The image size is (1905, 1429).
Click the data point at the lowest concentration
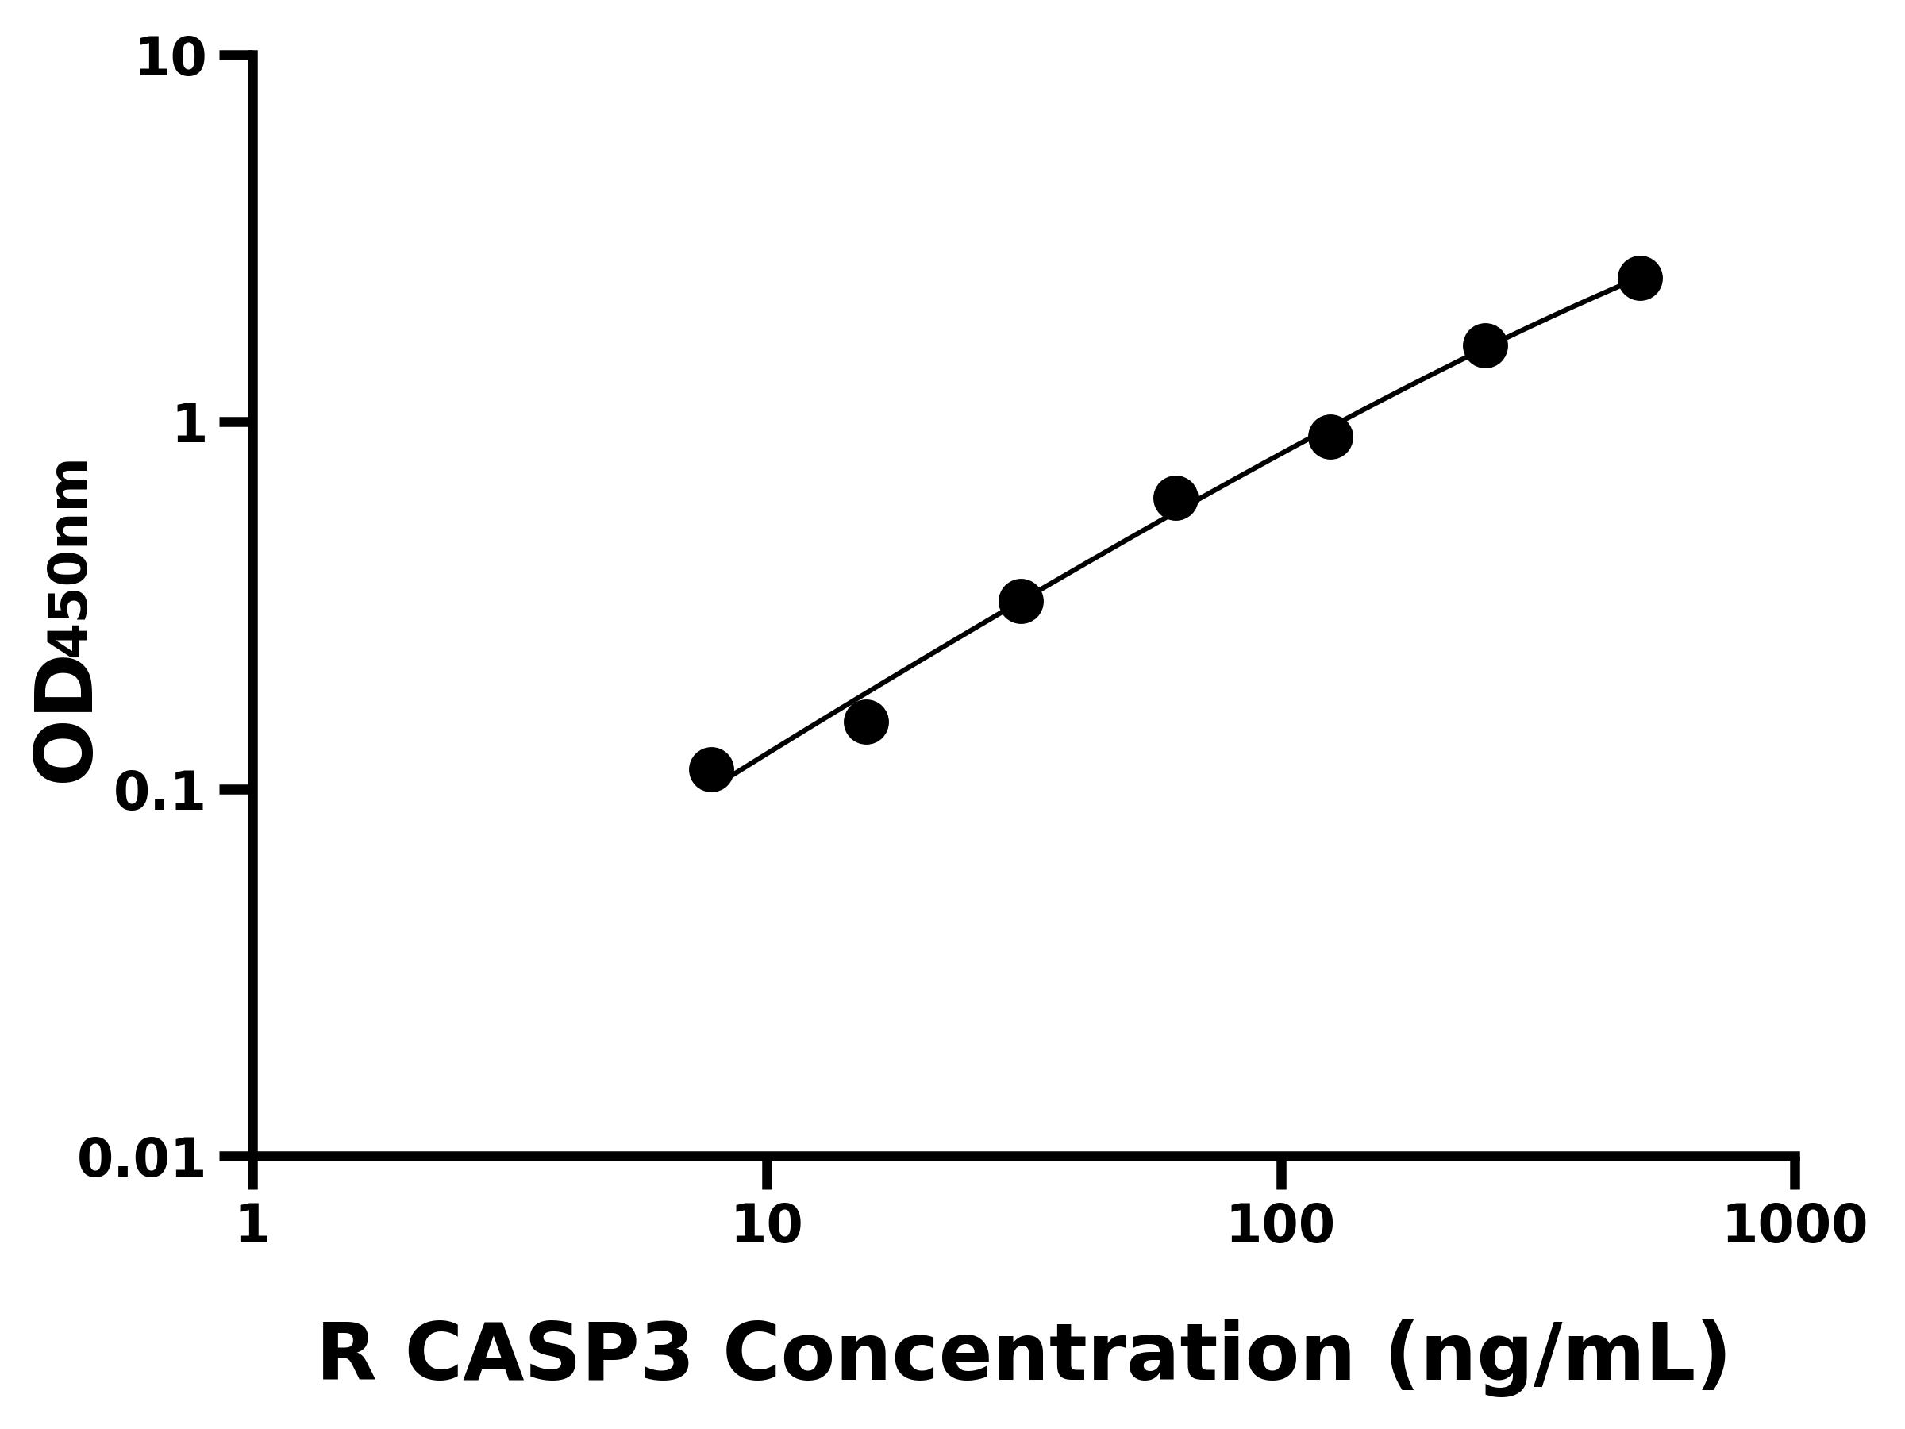(711, 769)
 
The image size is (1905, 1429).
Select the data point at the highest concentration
(1640, 278)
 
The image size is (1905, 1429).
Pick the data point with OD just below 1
(1330, 437)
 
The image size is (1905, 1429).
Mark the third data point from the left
(1021, 601)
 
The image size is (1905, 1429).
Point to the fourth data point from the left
(1175, 498)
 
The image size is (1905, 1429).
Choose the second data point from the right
(1485, 345)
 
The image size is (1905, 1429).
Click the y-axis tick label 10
(171, 60)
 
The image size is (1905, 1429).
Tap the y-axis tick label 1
(190, 426)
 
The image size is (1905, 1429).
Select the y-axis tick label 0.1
(160, 792)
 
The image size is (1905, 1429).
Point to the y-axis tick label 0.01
(142, 1159)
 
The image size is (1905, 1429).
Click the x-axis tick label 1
(253, 1225)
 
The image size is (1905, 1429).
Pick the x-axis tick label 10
(767, 1225)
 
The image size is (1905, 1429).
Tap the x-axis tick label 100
(1280, 1225)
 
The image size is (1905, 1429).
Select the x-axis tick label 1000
(1795, 1225)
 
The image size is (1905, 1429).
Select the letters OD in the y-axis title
(63, 719)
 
